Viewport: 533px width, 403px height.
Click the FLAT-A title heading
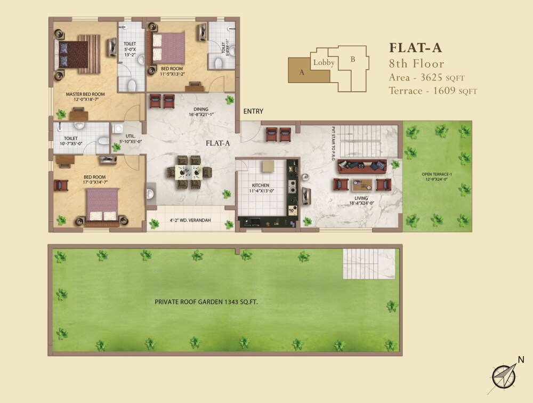(416, 47)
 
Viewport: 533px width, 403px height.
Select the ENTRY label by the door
(253, 111)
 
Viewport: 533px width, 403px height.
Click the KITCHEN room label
(261, 185)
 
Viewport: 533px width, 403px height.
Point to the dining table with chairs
(189, 172)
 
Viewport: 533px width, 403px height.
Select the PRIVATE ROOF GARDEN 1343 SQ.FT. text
(209, 302)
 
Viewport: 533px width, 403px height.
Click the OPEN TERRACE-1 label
(437, 175)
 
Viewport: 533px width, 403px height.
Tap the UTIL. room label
(130, 136)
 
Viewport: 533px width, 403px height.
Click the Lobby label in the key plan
(324, 63)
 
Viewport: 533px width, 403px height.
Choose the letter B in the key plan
(352, 59)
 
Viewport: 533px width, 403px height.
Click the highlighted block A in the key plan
(302, 72)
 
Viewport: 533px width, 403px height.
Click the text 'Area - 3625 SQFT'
(432, 77)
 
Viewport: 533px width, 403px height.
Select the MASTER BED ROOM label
(85, 94)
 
